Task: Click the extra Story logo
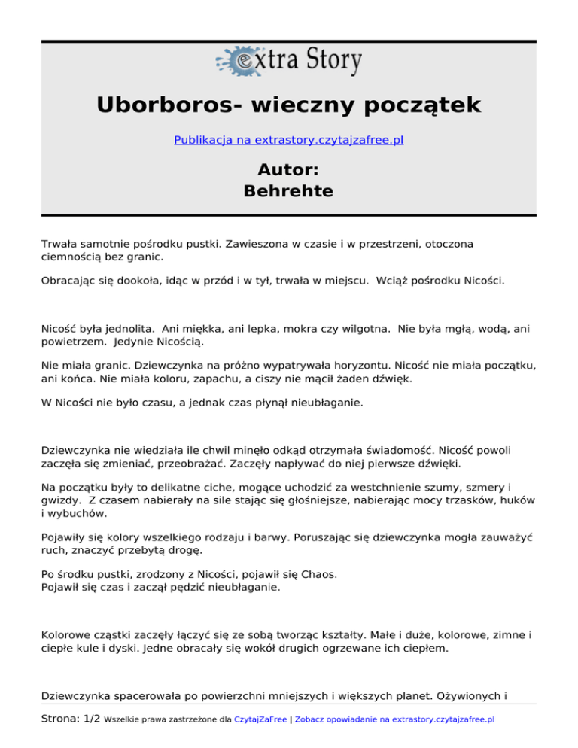289,61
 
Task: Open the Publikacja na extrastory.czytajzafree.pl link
289,140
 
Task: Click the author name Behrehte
289,191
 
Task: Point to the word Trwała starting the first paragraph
61,244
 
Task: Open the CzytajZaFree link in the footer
260,719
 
